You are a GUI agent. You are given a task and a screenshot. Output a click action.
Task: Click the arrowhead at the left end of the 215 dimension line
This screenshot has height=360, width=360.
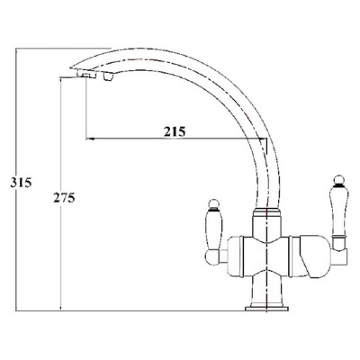pyautogui.click(x=87, y=139)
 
